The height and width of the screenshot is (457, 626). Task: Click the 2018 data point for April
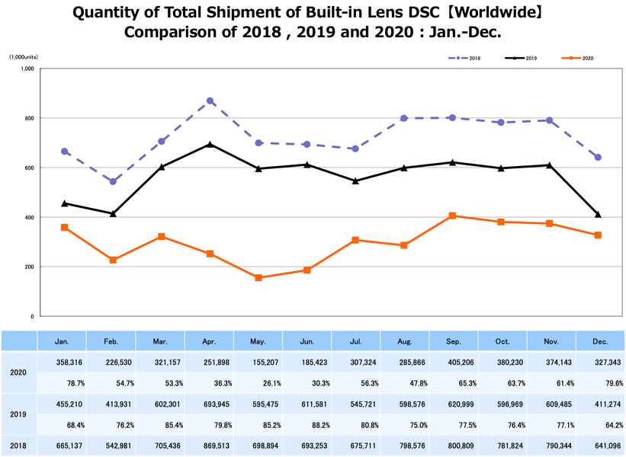point(210,101)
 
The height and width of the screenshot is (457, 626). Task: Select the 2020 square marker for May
point(258,278)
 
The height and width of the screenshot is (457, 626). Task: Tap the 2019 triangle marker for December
point(598,214)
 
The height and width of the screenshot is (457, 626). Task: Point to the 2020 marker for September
point(452,216)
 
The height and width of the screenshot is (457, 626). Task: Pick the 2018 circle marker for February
point(113,181)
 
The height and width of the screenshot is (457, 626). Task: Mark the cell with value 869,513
point(210,444)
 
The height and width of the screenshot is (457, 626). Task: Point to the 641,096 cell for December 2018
point(599,444)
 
